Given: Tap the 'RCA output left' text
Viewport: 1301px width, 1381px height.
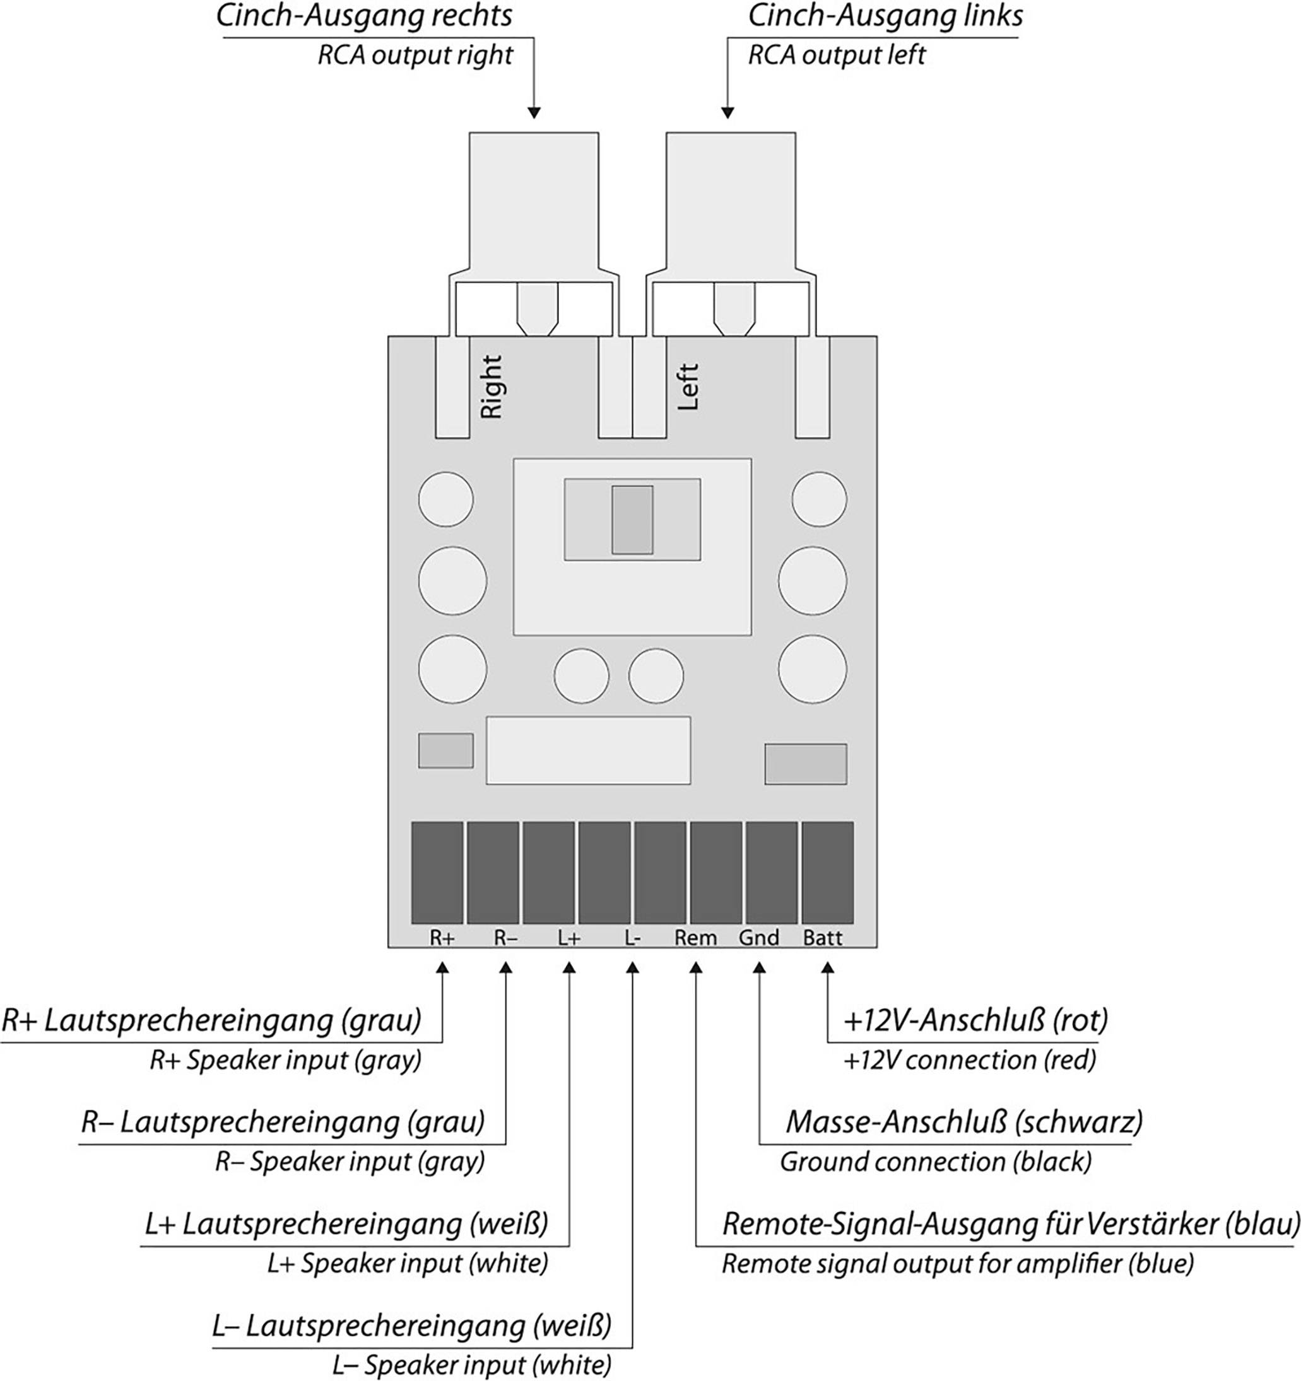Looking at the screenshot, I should point(836,55).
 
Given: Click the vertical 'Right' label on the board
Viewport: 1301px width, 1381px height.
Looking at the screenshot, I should point(492,387).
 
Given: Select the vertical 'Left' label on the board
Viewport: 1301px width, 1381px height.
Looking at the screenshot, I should point(687,387).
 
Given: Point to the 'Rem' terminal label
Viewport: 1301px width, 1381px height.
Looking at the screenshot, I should point(695,938).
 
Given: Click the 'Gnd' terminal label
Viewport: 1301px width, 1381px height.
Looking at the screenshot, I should point(758,938).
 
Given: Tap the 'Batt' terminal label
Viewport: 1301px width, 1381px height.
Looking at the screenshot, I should point(822,938).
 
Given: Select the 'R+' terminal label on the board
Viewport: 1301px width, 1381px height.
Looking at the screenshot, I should point(442,938).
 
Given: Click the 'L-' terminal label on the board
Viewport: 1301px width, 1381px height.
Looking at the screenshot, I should point(632,938).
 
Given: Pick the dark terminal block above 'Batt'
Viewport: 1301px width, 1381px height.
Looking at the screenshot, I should point(827,873).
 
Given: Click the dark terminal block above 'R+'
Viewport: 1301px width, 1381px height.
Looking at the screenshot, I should point(437,873).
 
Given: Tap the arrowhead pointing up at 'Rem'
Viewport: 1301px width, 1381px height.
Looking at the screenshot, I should point(696,968).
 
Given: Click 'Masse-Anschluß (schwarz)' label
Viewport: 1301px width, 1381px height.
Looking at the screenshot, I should point(963,1122).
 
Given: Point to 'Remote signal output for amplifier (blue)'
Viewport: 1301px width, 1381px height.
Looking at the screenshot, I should point(958,1264).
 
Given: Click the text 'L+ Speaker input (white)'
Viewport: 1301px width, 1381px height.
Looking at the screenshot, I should point(407,1263).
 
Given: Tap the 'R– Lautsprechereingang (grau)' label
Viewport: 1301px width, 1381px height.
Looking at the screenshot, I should point(283,1122).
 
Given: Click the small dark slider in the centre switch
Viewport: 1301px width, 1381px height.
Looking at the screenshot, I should point(632,520).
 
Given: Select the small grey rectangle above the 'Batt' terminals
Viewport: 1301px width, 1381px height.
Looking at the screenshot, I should point(806,764).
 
